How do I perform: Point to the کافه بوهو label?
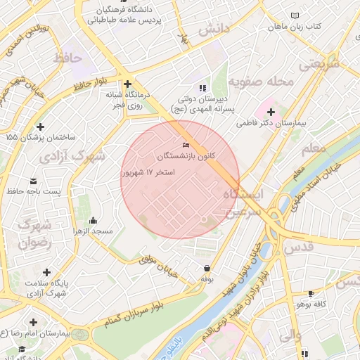pyautogui.click(x=312, y=303)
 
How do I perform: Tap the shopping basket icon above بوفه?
pyautogui.click(x=207, y=268)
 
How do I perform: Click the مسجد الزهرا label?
pyautogui.click(x=94, y=231)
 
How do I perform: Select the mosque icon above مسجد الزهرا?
pyautogui.click(x=94, y=221)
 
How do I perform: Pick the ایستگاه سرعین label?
pyautogui.click(x=240, y=202)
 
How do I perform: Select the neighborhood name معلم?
pyautogui.click(x=313, y=149)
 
